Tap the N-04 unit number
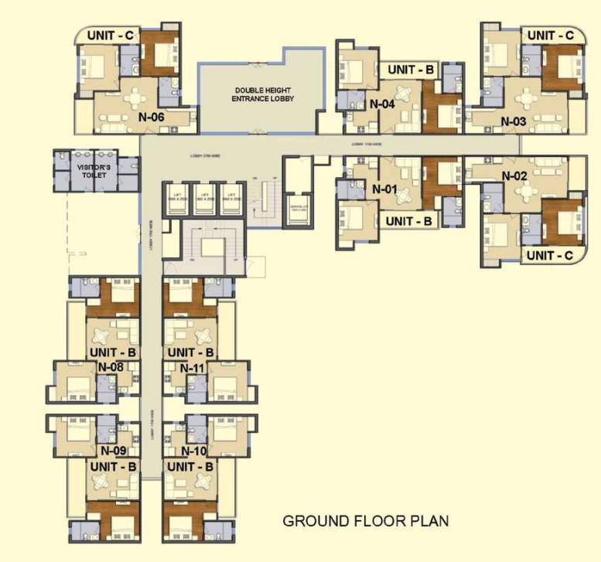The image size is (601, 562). pos(383,104)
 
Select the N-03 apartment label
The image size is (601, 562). pos(514,121)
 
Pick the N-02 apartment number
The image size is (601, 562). pos(514,176)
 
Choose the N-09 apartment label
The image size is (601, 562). pos(113,450)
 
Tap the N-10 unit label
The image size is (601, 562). pos(194,450)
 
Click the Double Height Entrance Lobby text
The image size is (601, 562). pos(259,95)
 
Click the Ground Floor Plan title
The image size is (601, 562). pos(366,520)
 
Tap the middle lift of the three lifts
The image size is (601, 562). pos(205,199)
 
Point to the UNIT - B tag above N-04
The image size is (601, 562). pos(411,70)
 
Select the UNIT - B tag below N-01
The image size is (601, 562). pos(411,221)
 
